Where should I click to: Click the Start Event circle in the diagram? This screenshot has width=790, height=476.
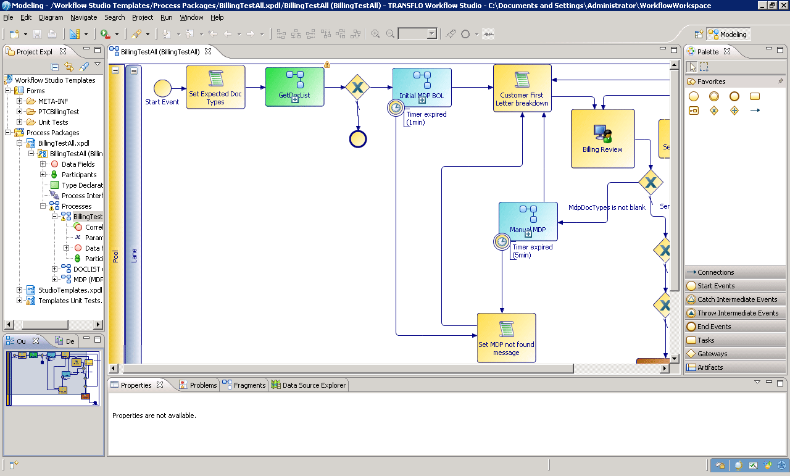(162, 88)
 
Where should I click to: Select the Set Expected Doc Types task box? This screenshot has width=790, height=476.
(215, 87)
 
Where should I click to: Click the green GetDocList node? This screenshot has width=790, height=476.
(294, 87)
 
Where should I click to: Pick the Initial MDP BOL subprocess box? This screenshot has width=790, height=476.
(422, 87)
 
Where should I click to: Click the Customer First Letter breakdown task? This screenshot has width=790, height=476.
(522, 88)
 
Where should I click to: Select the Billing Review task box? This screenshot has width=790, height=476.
(602, 138)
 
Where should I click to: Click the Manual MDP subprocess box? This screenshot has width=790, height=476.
(528, 221)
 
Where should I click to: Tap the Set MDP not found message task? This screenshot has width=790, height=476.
(506, 338)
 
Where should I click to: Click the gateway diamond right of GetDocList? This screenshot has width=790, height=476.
(357, 88)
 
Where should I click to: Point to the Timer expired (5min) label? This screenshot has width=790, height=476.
(532, 251)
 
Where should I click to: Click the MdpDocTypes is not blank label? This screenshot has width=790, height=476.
(607, 207)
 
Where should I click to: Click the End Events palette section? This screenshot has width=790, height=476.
(713, 327)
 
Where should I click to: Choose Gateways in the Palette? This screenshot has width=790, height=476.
(712, 354)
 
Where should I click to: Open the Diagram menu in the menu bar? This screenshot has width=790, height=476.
(51, 17)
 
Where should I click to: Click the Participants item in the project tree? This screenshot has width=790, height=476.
(79, 175)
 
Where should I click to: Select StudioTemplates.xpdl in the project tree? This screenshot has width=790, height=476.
(70, 290)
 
